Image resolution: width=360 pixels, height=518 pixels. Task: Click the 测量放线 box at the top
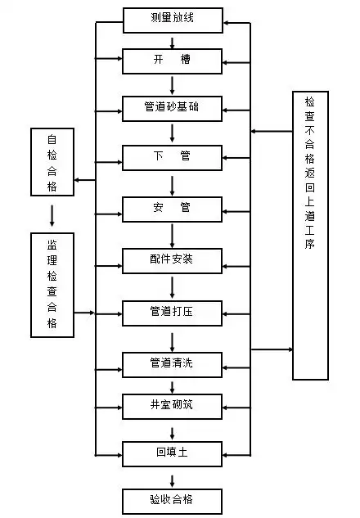172,19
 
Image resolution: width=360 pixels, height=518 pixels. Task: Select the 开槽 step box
172,61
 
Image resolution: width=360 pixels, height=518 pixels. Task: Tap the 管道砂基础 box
172,108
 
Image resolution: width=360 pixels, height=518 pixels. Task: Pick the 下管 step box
172,156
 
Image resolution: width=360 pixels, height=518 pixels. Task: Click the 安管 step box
172,209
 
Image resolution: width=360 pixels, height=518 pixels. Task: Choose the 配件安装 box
172,261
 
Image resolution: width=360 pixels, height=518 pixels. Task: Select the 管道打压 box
172,313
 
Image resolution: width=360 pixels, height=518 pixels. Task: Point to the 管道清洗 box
172,363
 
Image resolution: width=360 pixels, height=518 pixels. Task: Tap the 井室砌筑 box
172,405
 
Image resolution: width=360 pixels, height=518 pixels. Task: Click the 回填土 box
172,452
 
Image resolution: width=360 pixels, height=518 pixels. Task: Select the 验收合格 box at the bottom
172,500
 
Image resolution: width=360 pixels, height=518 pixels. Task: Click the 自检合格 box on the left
52,162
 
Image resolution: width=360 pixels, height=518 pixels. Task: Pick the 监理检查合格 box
52,285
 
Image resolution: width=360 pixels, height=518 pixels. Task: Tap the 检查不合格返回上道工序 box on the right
310,235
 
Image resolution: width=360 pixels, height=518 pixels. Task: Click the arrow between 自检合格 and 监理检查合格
52,214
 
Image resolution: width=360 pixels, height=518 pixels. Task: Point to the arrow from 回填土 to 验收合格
172,476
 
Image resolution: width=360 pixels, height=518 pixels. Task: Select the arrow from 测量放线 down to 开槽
172,40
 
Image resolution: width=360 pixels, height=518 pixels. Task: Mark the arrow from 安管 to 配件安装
172,235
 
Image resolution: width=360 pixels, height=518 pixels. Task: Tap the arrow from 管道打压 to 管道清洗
172,339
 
